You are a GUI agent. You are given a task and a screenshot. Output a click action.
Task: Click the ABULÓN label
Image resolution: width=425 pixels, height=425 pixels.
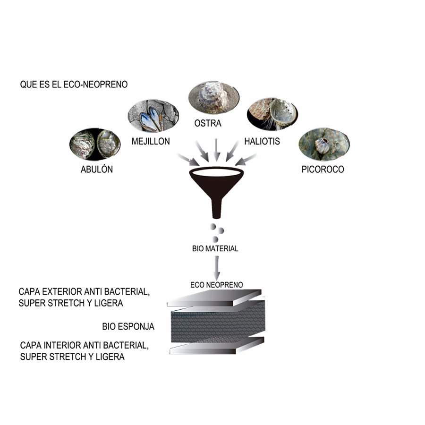point(97,170)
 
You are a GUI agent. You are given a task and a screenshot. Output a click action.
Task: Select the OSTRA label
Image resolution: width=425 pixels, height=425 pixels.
point(208,124)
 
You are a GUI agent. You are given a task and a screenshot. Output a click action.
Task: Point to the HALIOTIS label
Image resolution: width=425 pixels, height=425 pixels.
point(262,141)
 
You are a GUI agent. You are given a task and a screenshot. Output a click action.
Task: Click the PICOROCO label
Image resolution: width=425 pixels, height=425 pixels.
point(323,170)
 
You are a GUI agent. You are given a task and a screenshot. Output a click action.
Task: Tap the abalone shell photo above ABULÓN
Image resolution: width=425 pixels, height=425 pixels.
point(95,144)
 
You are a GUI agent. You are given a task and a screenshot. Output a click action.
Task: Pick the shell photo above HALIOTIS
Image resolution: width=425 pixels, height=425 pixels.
point(272,114)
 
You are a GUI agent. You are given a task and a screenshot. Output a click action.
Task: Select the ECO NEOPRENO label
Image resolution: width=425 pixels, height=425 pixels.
point(217,285)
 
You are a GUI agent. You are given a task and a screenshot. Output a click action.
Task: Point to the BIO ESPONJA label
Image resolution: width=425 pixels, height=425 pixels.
point(128,326)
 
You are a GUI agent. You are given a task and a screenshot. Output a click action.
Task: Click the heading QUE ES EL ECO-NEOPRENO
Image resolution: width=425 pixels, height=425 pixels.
point(74,85)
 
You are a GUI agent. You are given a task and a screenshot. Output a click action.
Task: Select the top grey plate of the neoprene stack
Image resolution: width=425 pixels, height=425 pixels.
point(215,297)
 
